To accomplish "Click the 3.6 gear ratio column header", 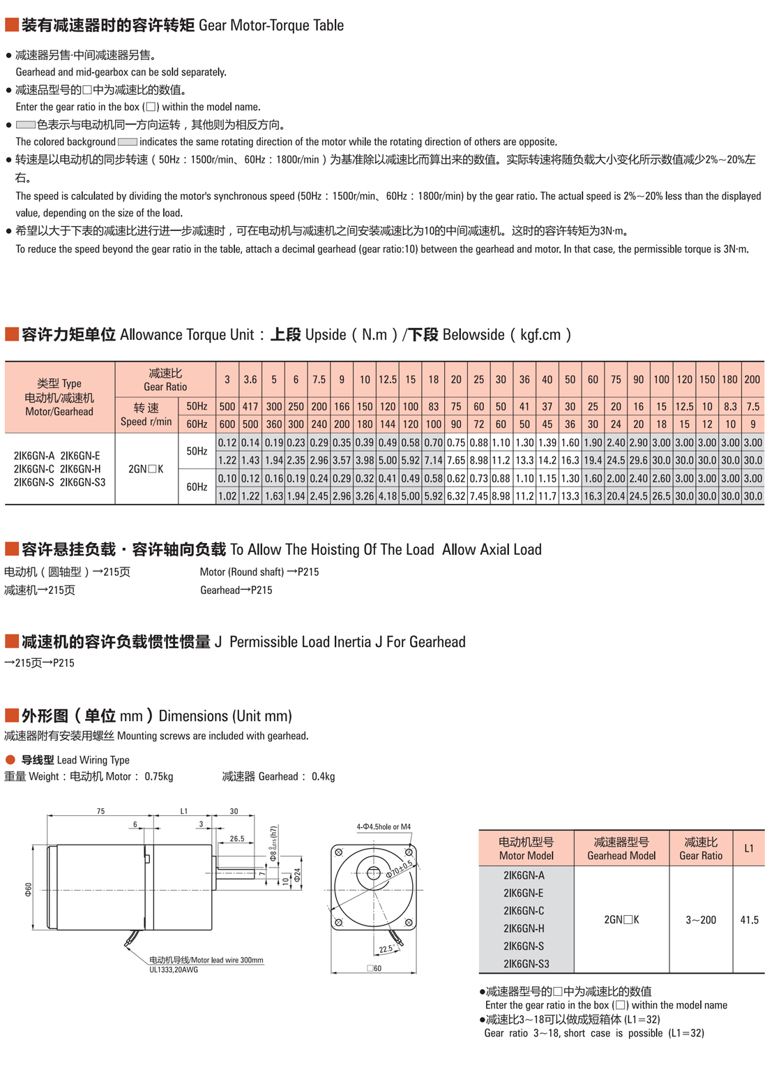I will click(x=250, y=380).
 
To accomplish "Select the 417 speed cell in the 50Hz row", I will click(x=250, y=406).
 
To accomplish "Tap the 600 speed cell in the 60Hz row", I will click(x=227, y=424).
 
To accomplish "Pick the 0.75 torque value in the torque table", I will click(x=455, y=443).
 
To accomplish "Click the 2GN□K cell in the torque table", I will click(x=146, y=469).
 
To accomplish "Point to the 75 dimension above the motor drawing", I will click(x=101, y=811).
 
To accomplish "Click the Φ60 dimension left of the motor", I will click(x=29, y=889).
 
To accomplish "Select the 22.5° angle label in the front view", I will click(x=386, y=949).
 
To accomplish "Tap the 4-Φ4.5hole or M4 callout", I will click(x=384, y=826).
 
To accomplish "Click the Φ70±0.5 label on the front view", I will click(x=401, y=869).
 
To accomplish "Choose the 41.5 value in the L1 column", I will click(x=749, y=920).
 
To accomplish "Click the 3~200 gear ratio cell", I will click(x=700, y=920).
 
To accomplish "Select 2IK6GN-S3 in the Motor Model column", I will click(x=526, y=964).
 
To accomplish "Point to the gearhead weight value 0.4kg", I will click(x=323, y=776).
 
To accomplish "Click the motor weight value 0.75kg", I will click(x=159, y=776).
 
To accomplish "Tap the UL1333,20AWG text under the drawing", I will click(x=174, y=970).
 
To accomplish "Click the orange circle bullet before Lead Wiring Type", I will click(x=10, y=759).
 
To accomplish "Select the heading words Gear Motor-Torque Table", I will click(x=271, y=26).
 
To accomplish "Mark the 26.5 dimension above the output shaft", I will click(x=237, y=838).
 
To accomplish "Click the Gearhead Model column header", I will click(x=621, y=848).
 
